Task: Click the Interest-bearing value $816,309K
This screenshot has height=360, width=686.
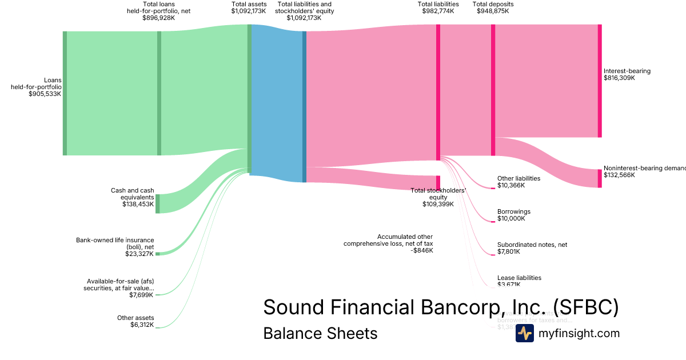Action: coord(619,78)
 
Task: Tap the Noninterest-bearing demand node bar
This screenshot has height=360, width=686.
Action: coord(600,178)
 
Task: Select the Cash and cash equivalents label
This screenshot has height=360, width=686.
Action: coord(132,197)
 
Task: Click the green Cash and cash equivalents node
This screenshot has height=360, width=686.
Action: coord(158,203)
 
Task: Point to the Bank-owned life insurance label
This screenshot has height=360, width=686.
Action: coord(115,247)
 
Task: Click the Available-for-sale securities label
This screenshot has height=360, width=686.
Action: coord(120,288)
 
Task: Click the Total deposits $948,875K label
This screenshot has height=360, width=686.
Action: coord(493,7)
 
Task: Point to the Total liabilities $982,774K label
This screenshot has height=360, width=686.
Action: coord(438,7)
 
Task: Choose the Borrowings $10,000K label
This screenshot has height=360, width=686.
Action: coord(513,215)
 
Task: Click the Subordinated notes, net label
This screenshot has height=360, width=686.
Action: coord(532,248)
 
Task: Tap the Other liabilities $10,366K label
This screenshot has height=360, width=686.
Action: coord(519,182)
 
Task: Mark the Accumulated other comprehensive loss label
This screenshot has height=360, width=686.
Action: coord(388,243)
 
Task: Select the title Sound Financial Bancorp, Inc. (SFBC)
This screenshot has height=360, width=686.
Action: coord(441,307)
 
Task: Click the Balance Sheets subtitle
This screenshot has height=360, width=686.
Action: coord(320,333)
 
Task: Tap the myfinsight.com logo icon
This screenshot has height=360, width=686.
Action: coord(524,333)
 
